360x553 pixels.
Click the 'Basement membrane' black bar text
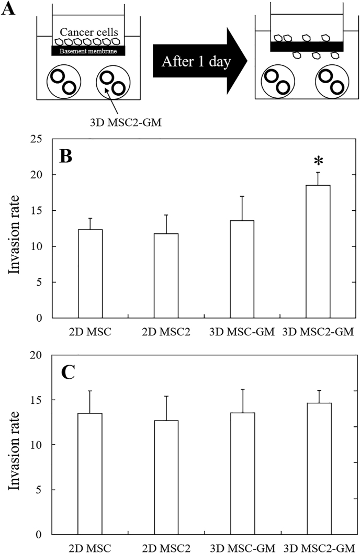[x=88, y=51]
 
